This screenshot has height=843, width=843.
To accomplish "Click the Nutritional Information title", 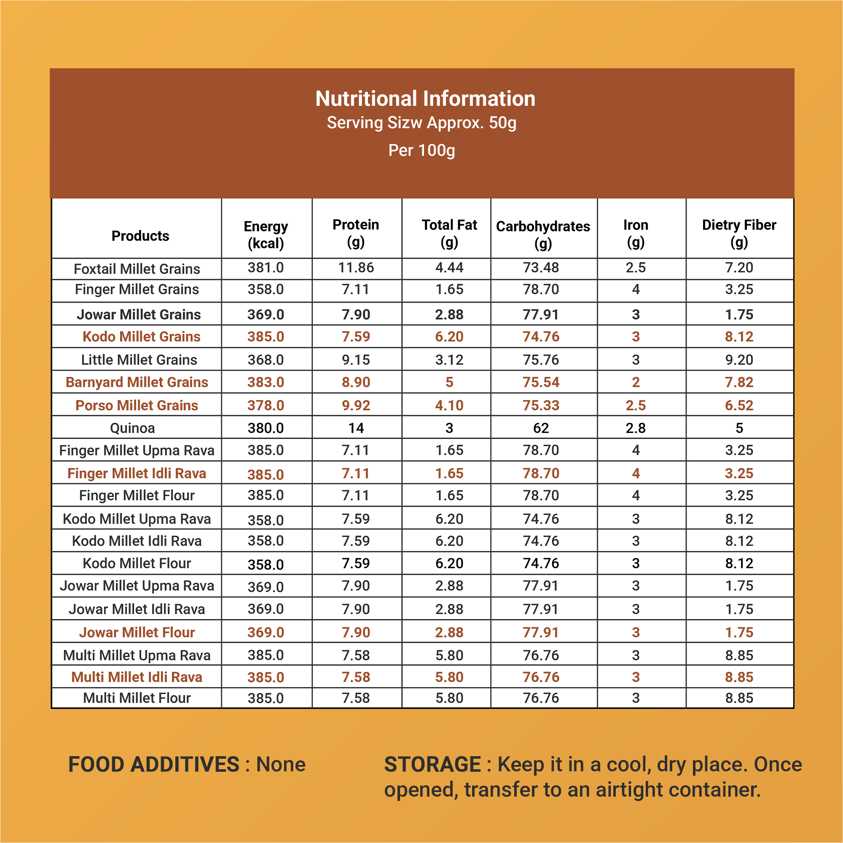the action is pyautogui.click(x=425, y=99).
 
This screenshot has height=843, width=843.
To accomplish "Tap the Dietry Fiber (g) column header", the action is pyautogui.click(x=739, y=233).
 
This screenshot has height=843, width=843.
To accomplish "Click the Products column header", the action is pyautogui.click(x=140, y=236).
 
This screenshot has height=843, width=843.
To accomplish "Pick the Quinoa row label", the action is pyautogui.click(x=132, y=428).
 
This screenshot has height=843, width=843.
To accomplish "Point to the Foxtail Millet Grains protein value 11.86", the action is pyautogui.click(x=356, y=268).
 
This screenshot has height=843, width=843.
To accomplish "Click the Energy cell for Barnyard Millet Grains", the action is pyautogui.click(x=266, y=382).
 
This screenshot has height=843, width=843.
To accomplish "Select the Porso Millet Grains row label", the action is pyautogui.click(x=137, y=405).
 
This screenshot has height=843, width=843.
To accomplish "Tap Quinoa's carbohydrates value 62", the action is pyautogui.click(x=541, y=428).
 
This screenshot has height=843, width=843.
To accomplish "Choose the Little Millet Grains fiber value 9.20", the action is pyautogui.click(x=739, y=360).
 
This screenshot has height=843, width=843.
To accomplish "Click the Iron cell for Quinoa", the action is pyautogui.click(x=636, y=428).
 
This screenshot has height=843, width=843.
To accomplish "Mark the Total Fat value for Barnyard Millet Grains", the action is pyautogui.click(x=449, y=382).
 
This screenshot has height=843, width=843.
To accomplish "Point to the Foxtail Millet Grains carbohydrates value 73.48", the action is pyautogui.click(x=541, y=268).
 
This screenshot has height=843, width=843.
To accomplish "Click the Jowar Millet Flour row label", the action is pyautogui.click(x=137, y=632).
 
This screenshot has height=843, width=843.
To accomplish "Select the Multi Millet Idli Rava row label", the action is pyautogui.click(x=137, y=677).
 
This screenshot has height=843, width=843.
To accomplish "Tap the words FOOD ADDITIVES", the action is pyautogui.click(x=154, y=765).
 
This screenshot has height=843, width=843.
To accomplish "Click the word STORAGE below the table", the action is pyautogui.click(x=432, y=765).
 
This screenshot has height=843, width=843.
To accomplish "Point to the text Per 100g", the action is pyautogui.click(x=421, y=150).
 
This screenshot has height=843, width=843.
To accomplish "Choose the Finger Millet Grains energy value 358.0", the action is pyautogui.click(x=266, y=289).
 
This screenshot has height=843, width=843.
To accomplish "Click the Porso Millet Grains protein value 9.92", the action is pyautogui.click(x=356, y=405).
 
